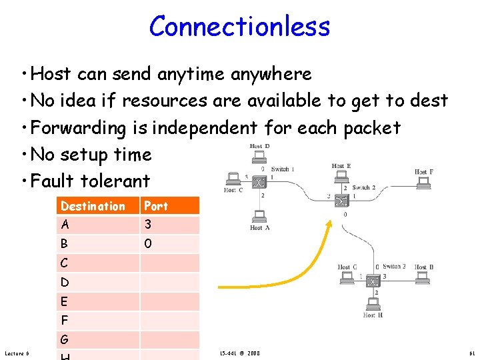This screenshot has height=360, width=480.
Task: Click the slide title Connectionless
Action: click(239, 27)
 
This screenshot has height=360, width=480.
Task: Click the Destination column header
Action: click(93, 206)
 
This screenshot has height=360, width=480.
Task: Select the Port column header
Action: click(156, 206)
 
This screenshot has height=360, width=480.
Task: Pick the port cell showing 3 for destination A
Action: click(148, 225)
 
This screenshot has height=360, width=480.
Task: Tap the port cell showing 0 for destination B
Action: click(148, 244)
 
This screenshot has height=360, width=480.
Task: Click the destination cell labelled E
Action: click(64, 301)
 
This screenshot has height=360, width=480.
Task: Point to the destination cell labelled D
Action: click(64, 282)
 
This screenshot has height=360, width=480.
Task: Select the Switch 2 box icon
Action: click(342, 201)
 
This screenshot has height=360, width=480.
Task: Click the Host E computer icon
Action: click(341, 176)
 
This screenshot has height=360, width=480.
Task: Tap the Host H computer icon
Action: click(373, 303)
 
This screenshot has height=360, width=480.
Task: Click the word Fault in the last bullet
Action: click(53, 181)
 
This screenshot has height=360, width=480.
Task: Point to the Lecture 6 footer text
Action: click(17, 353)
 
